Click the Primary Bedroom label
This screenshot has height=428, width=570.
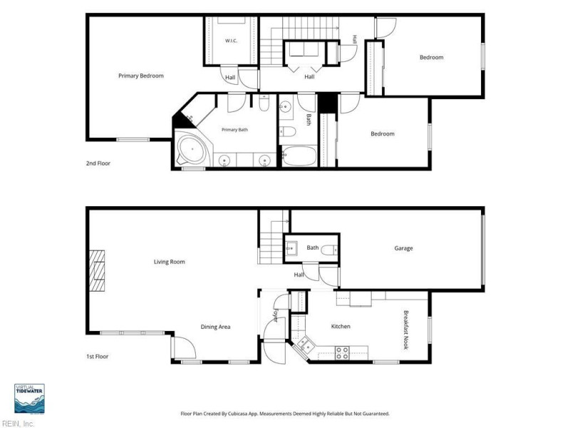point(141,76)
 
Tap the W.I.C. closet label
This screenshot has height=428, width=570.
point(231,41)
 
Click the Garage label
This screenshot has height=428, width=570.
point(403,248)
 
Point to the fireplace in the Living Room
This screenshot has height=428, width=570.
point(97,270)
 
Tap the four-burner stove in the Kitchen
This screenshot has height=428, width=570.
point(342,353)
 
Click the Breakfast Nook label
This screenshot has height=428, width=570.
point(406,330)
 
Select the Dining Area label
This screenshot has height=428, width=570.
point(216,327)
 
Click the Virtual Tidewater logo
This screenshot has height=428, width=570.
point(29,399)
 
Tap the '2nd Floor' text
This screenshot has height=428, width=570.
point(98,163)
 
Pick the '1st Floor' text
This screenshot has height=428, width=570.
point(98,357)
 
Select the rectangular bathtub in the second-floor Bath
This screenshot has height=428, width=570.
point(300,156)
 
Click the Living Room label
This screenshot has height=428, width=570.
point(170,262)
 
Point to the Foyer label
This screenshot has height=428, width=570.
point(276,315)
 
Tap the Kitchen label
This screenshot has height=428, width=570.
point(341,327)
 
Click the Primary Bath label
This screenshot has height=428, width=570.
point(235,130)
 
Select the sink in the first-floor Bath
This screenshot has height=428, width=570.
point(291,249)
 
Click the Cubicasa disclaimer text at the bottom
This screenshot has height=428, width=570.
point(285,414)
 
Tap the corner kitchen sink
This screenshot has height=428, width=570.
point(304,345)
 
